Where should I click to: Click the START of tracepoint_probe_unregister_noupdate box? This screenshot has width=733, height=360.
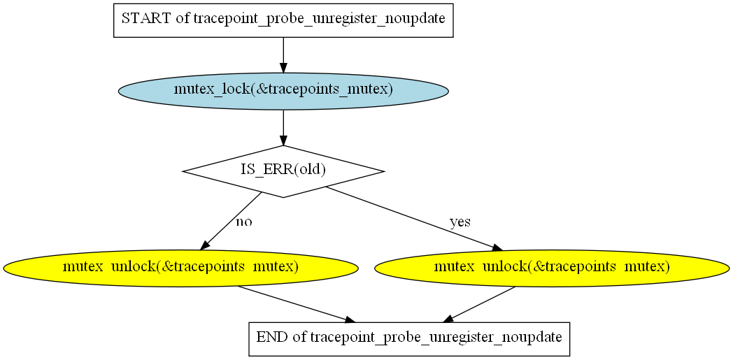coord(283,20)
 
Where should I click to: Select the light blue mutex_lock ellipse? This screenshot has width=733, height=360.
coord(283,91)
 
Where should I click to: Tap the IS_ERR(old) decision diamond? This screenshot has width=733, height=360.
coord(283,171)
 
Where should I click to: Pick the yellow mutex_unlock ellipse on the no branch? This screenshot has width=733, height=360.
coord(180,268)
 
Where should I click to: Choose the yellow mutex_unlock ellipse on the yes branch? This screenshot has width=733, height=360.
coord(552,268)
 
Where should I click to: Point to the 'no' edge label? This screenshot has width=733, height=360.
coord(244,222)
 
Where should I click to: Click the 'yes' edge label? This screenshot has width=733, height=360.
coord(460,222)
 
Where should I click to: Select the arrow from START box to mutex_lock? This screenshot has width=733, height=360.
coord(283,55)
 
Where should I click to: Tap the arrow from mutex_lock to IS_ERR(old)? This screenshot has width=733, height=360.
coord(283,127)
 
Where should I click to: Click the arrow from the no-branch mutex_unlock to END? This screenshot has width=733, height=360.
coord(297,305)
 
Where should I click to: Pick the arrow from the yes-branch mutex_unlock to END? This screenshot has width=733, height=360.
coord(478,305)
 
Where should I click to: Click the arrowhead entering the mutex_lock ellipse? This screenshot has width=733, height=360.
coord(283,67)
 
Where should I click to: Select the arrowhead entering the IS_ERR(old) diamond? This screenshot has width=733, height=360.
coord(283,140)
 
